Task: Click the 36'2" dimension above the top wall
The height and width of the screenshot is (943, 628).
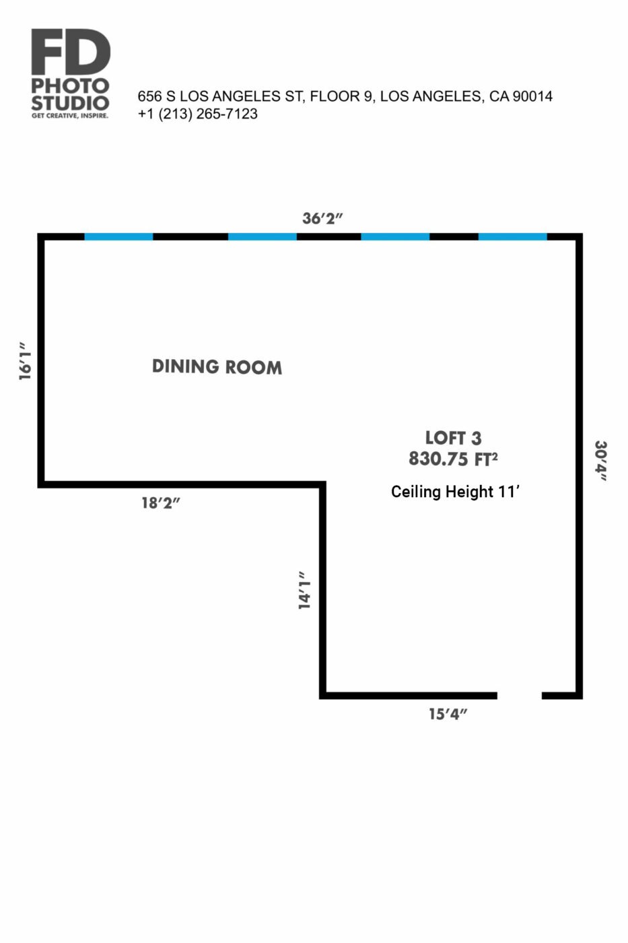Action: (322, 218)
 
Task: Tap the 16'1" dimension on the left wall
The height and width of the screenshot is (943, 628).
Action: (26, 361)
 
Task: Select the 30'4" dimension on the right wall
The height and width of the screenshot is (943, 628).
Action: (600, 461)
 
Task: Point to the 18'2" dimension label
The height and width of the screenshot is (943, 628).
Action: (161, 503)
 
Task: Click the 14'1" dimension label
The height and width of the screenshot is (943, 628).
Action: (304, 590)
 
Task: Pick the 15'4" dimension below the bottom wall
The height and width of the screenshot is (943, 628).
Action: (448, 714)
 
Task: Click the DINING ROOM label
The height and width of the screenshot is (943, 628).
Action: (217, 366)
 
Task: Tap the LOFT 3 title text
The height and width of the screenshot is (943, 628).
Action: (453, 438)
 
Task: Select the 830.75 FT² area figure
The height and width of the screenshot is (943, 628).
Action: (453, 459)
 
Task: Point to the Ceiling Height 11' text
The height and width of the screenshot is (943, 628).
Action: (455, 491)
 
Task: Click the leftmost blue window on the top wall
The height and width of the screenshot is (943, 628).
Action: (118, 236)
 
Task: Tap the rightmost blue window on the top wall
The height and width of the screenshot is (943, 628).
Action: (513, 236)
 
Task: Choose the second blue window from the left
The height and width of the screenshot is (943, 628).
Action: (263, 236)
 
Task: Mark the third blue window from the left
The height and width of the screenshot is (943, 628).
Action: (395, 236)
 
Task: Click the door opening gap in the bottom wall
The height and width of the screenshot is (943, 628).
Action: (520, 695)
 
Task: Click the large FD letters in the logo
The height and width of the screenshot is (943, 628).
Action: (71, 51)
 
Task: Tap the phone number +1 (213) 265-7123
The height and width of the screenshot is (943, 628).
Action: (198, 114)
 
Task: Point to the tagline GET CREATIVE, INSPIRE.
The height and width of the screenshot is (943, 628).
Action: (70, 116)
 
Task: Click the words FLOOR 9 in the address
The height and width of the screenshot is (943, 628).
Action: (341, 96)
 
